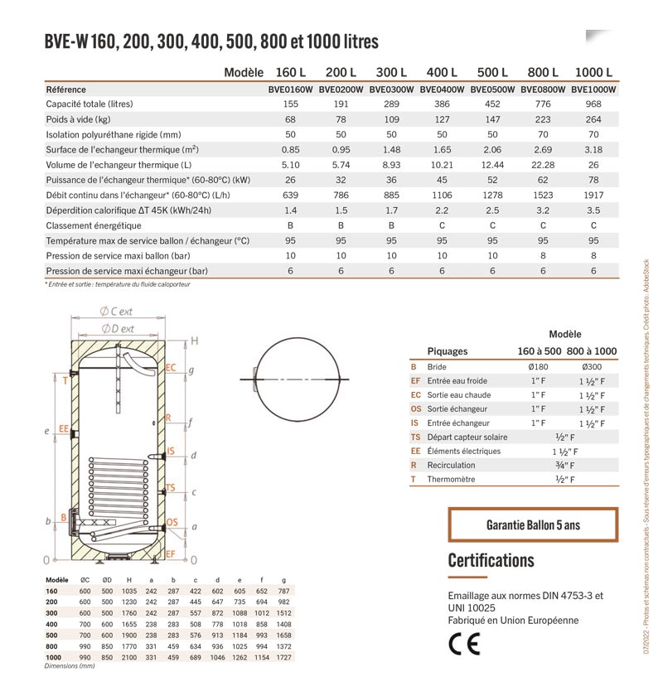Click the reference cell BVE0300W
click(392, 89)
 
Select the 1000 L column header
click(593, 73)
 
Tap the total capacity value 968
click(593, 104)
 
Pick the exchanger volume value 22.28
click(543, 165)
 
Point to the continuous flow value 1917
click(593, 195)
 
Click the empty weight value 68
click(290, 119)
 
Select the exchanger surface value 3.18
click(593, 150)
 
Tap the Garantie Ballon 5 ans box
click(533, 525)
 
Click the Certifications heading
click(491, 560)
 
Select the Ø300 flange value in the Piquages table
click(592, 366)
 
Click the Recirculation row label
click(451, 466)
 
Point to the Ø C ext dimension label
click(118, 312)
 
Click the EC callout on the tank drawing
click(171, 367)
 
